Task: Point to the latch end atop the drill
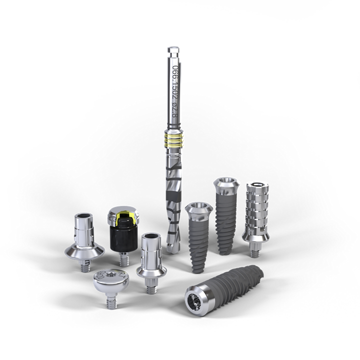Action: pos(172,51)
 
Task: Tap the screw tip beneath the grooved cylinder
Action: pos(255,247)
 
